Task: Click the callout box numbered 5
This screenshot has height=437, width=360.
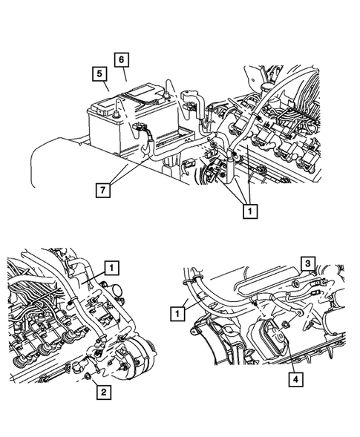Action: tap(96, 73)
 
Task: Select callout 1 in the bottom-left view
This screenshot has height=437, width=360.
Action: tap(112, 268)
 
